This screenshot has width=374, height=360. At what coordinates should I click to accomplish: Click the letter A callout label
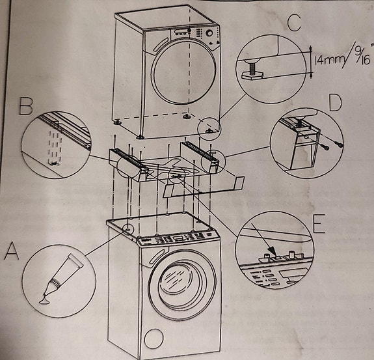12,251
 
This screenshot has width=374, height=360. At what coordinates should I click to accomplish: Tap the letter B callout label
26,107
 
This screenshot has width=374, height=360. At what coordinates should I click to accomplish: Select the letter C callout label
294,23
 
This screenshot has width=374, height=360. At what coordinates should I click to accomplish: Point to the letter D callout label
335,103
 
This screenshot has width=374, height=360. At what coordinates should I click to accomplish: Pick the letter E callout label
319,223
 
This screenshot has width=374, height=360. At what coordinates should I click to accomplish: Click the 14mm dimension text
328,61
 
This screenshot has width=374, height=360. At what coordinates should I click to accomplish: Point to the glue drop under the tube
44,301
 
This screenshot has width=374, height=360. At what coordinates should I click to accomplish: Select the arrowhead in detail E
272,251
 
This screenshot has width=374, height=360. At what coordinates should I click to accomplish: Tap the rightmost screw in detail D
340,144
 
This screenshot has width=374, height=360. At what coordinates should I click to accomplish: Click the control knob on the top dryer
209,33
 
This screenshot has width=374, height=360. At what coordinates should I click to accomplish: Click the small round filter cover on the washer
154,339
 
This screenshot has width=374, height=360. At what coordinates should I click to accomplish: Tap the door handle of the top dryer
162,45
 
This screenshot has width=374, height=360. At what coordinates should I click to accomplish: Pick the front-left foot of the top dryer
140,137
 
